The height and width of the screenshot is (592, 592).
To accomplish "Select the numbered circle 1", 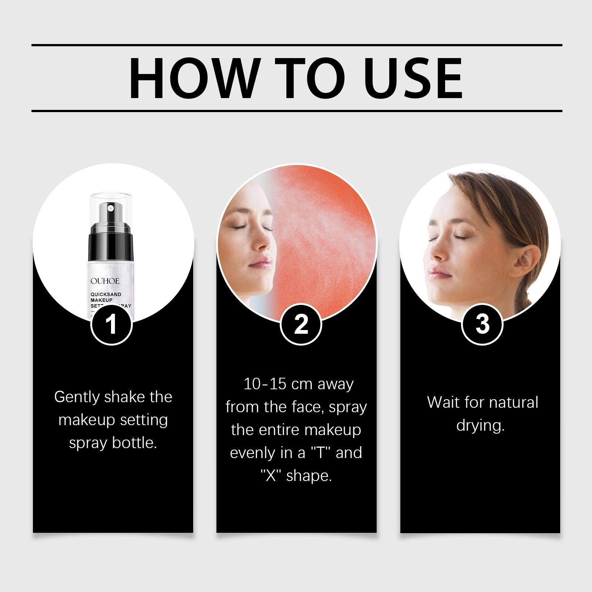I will pos(111,324).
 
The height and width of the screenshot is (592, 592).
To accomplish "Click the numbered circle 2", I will pos(301,324).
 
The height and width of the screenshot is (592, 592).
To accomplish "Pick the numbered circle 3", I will pos(482,324).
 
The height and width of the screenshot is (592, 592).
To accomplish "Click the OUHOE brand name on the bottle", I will pos(105,281).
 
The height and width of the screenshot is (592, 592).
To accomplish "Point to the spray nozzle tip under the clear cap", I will pos(110,208).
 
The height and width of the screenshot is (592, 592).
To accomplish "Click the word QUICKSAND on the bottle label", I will pos(106,295).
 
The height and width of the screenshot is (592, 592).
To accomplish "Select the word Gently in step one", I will pos(77,397).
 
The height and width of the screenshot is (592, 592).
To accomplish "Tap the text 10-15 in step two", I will pos(265,384).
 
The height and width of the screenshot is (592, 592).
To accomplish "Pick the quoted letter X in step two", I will pos(271,475).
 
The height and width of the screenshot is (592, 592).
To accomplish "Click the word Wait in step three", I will pos(443,403).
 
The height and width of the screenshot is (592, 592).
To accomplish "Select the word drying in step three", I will pos(480,425).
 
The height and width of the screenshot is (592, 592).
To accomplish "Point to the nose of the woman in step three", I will pos(437,253).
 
